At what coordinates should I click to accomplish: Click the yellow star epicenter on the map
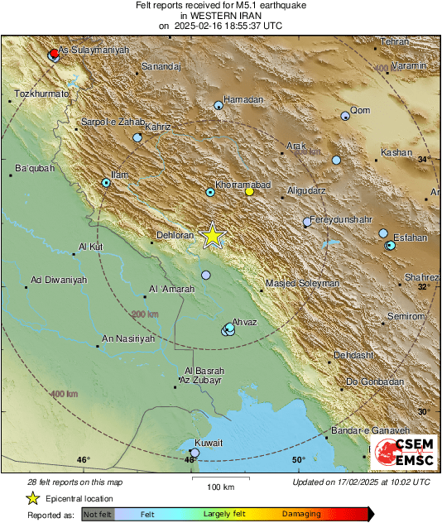[x=213, y=235]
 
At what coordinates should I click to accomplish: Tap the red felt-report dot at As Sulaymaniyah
[x=54, y=52]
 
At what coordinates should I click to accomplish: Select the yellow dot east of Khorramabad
[x=249, y=192]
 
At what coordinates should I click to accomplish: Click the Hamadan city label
[x=243, y=99]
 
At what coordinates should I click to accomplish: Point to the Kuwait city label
[x=209, y=444]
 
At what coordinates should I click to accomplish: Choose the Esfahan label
[x=410, y=238]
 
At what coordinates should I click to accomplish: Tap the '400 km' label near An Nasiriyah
[x=63, y=395]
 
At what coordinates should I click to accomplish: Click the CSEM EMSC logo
[x=402, y=453]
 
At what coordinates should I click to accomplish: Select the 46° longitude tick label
[x=83, y=460]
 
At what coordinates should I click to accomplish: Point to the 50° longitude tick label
[x=298, y=460]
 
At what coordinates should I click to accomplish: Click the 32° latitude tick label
[x=424, y=287]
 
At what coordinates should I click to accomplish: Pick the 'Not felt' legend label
[x=98, y=514]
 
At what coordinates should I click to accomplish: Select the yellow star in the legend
[x=32, y=498]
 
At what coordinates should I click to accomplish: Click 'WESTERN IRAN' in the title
[x=220, y=15]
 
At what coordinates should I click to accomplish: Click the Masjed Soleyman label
[x=302, y=284]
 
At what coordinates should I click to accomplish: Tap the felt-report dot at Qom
[x=346, y=117]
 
